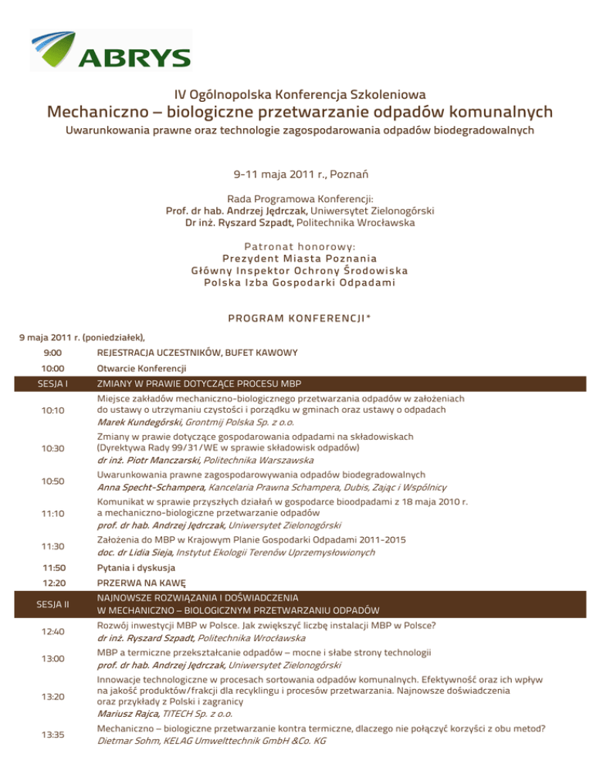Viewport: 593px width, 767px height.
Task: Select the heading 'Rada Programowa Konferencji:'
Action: click(x=296, y=198)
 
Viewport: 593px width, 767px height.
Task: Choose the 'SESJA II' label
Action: click(x=54, y=603)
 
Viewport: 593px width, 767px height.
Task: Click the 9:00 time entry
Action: click(x=54, y=353)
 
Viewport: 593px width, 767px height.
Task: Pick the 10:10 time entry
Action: click(x=54, y=411)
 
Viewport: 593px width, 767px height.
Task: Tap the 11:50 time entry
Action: click(x=54, y=567)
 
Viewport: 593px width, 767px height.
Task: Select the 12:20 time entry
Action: click(x=54, y=583)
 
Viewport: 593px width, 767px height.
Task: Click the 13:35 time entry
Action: click(x=54, y=735)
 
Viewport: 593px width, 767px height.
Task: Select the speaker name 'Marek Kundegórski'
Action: click(x=140, y=422)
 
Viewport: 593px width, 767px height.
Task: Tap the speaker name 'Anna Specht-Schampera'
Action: click(x=151, y=488)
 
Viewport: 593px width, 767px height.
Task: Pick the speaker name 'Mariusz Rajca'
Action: click(x=125, y=714)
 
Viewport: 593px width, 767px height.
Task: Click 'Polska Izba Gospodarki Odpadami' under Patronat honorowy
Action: click(x=296, y=282)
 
